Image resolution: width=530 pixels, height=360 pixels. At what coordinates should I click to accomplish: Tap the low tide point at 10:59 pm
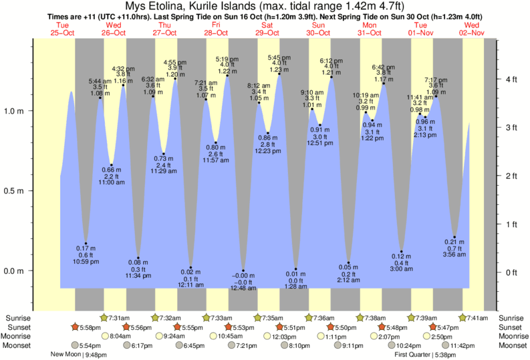[x=86, y=244]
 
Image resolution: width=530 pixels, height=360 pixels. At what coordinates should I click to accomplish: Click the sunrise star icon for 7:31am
[x=104, y=317]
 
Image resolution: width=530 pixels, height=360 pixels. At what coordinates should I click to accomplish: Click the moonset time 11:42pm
[x=462, y=345]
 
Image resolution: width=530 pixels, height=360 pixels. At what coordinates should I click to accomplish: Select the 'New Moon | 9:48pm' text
[x=79, y=355]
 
